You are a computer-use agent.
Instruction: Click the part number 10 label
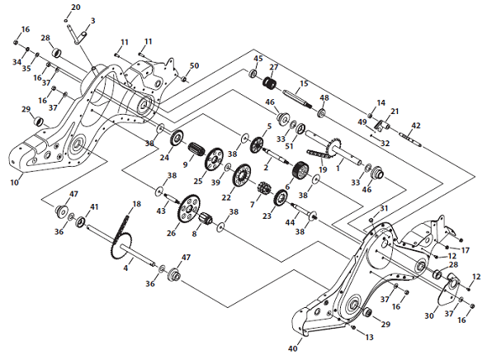tap(15, 182)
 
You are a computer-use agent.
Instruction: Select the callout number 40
tap(293, 348)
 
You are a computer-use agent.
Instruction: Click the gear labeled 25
tap(214, 159)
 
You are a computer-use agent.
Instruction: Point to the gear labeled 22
tap(242, 175)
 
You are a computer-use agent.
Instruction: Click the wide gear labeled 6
tap(300, 169)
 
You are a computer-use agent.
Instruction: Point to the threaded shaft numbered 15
tap(297, 99)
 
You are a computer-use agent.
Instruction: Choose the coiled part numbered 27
tap(270, 83)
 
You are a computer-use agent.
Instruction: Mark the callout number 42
tap(416, 126)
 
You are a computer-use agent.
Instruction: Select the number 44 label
tap(290, 222)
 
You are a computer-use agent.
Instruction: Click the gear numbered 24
tap(177, 138)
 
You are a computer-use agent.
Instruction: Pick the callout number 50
tap(194, 65)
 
